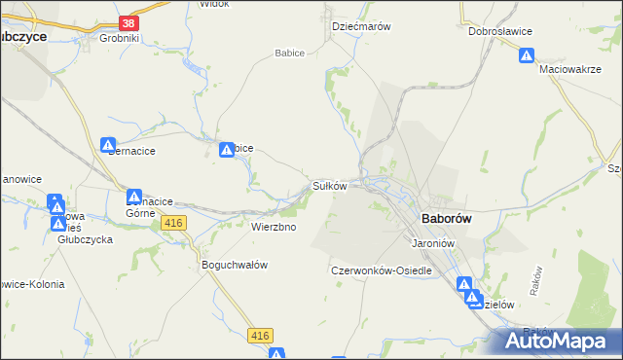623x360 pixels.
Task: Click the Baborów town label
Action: click(446, 219)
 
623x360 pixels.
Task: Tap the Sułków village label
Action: click(329, 185)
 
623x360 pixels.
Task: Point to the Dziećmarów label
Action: click(361, 27)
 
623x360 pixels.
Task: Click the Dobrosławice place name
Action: click(499, 31)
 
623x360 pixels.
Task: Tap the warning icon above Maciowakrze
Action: click(527, 56)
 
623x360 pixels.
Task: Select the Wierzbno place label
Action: click(274, 227)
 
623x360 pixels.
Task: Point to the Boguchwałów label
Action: click(234, 265)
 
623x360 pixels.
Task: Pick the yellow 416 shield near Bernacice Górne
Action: click(174, 224)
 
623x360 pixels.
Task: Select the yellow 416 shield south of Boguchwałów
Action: click(259, 336)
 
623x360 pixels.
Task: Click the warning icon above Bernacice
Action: click(108, 145)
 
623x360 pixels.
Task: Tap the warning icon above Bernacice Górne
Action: click(134, 198)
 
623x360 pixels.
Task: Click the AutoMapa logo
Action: click(561, 342)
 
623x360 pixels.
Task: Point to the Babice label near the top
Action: click(290, 54)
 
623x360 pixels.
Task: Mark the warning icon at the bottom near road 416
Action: click(277, 354)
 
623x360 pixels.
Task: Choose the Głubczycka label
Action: click(85, 238)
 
